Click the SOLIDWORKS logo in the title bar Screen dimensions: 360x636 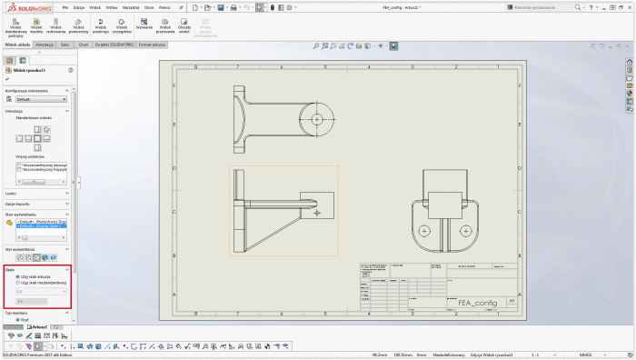pos(27,7)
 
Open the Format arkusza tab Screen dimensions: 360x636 pos(151,43)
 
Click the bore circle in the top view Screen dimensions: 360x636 pos(316,118)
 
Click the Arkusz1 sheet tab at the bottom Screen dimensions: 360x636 pos(40,326)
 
